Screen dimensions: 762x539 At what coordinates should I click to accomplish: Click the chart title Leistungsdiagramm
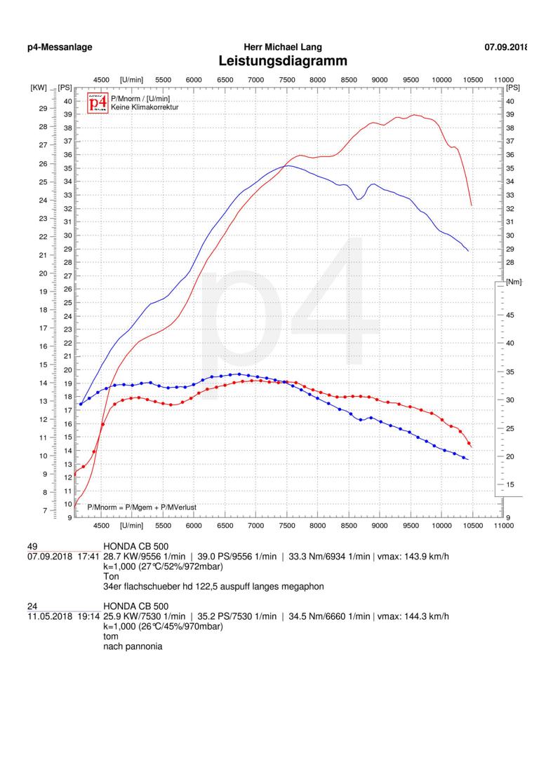tap(283, 61)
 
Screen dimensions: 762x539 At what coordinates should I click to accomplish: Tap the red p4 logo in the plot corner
tap(98, 103)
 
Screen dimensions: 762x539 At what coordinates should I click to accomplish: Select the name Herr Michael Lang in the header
tap(283, 47)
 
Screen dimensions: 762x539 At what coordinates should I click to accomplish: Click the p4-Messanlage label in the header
tap(60, 47)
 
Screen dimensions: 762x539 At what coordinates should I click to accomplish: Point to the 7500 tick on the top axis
tap(287, 80)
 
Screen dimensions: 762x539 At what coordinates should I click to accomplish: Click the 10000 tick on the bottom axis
tap(441, 524)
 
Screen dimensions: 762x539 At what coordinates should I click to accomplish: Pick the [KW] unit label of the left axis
tap(38, 88)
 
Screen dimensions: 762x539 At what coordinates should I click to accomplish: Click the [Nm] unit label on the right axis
tap(514, 281)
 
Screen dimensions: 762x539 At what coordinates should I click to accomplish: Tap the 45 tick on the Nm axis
tap(510, 315)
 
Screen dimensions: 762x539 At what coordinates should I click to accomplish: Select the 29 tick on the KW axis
tap(43, 109)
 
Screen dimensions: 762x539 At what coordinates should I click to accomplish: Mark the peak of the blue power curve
tap(286, 165)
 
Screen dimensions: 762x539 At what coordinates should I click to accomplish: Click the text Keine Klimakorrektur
tap(145, 107)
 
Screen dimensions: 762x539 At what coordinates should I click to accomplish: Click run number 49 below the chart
tap(32, 546)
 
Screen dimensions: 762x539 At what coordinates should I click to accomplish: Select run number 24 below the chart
tap(32, 606)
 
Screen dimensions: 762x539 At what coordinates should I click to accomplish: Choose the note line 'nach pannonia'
tap(133, 646)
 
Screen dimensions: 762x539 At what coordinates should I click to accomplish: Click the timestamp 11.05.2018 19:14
tap(62, 616)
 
